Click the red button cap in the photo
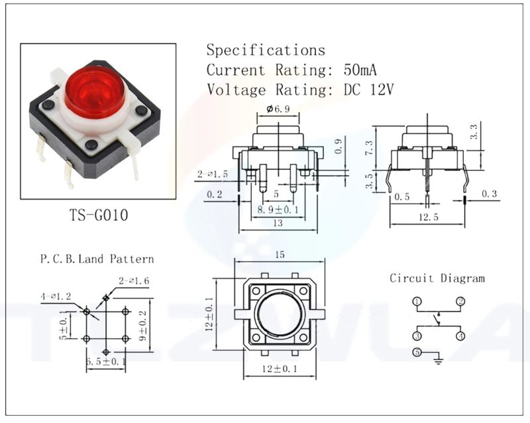tap(95, 90)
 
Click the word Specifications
tap(266, 50)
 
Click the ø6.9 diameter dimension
tap(278, 109)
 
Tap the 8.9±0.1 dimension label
tap(278, 210)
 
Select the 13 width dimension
tap(278, 223)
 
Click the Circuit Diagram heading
tap(437, 278)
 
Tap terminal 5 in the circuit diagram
tap(417, 352)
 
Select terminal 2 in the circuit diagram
tap(460, 302)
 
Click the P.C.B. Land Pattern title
tap(97, 259)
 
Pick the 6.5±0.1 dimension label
tap(107, 361)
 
